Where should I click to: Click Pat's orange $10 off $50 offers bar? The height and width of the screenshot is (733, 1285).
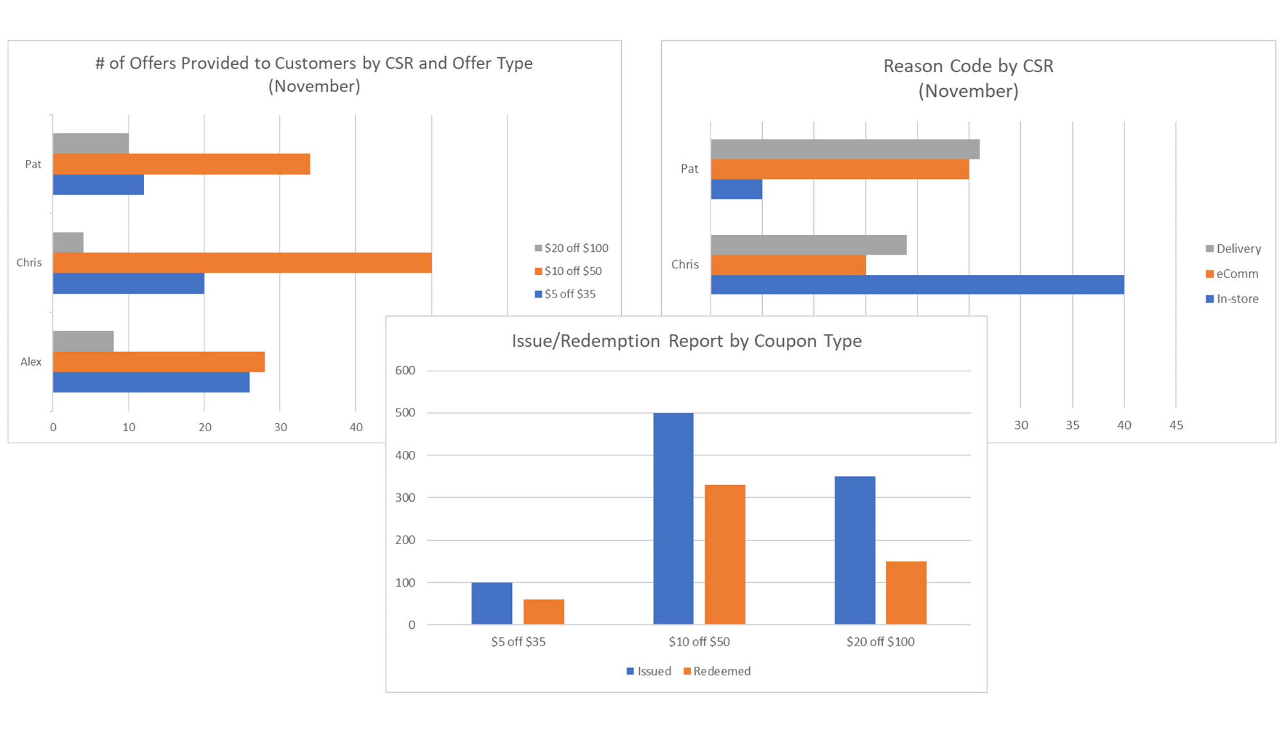click(181, 164)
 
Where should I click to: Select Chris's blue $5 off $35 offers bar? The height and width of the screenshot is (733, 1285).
click(128, 283)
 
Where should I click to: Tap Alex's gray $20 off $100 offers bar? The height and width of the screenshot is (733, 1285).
click(83, 341)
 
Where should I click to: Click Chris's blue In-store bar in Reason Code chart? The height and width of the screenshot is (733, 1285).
click(917, 285)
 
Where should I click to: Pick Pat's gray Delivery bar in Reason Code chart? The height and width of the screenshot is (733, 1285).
click(845, 149)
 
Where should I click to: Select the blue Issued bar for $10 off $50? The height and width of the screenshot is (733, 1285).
click(673, 518)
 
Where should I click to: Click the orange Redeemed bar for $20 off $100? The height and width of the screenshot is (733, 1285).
click(906, 592)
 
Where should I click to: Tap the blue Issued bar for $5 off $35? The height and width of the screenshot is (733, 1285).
click(492, 603)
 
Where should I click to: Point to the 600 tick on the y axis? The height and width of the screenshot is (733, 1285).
click(405, 370)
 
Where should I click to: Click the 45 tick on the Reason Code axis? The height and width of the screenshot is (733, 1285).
click(1176, 425)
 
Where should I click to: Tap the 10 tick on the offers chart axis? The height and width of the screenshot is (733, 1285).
click(129, 427)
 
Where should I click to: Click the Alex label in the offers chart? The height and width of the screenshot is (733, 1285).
click(31, 362)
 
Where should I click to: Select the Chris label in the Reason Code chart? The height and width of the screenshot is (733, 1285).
click(685, 265)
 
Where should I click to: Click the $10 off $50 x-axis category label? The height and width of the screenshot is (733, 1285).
click(699, 642)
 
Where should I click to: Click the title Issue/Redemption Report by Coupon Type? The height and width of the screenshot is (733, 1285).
click(686, 341)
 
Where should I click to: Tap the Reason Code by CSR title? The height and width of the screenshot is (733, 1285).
click(968, 78)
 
